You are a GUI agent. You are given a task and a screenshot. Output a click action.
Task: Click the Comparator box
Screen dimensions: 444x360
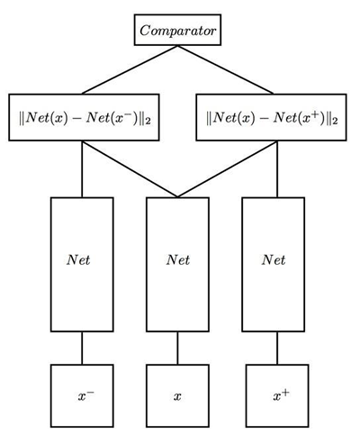(x=177, y=30)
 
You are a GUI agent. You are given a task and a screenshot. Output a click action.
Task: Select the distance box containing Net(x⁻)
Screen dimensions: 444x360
(x=85, y=116)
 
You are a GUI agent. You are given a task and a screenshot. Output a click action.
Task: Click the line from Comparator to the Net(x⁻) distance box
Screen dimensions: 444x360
(x=130, y=69)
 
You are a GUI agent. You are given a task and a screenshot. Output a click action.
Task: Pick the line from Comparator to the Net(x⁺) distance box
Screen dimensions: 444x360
(x=225, y=69)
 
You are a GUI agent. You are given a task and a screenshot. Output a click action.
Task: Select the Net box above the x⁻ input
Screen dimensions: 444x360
(x=81, y=263)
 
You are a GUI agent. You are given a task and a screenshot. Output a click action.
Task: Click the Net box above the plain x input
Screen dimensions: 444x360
(x=177, y=263)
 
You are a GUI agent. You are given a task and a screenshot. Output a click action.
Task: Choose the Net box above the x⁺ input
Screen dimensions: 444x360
(x=273, y=263)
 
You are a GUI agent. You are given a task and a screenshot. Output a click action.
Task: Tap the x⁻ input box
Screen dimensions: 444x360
(x=81, y=394)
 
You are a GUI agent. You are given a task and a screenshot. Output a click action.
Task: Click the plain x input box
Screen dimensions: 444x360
(x=177, y=394)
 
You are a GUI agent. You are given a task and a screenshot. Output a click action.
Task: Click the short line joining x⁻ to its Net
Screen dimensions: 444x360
(x=81, y=348)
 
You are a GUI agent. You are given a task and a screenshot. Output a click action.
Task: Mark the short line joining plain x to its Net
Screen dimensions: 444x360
(x=177, y=348)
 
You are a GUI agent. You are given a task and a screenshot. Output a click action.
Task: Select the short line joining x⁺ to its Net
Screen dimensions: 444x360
(x=273, y=348)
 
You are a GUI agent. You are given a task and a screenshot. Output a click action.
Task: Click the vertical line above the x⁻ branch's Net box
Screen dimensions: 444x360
(x=81, y=168)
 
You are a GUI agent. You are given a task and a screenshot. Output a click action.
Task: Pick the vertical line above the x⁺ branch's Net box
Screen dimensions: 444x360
(x=273, y=168)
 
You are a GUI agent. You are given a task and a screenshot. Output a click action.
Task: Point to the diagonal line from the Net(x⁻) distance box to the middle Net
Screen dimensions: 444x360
(x=130, y=168)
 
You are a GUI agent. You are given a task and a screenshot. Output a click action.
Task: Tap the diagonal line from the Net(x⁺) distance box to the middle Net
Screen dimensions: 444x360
(x=225, y=168)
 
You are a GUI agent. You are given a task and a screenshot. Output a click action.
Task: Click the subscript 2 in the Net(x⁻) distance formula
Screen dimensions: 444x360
(x=157, y=121)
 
